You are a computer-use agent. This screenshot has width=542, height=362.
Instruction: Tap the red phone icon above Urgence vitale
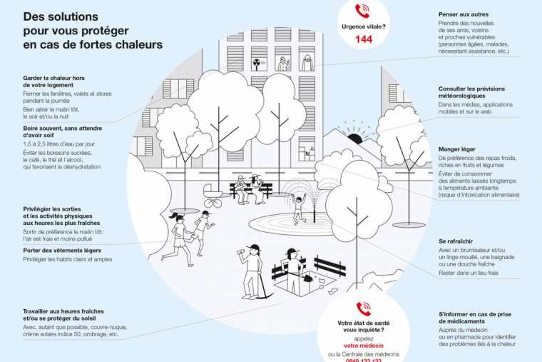pos(364,11)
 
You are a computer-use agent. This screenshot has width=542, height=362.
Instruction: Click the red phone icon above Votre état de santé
pos(364,308)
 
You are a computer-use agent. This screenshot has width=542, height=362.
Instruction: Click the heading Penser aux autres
pos(464,14)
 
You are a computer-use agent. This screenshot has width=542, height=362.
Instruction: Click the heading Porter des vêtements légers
pos(62,251)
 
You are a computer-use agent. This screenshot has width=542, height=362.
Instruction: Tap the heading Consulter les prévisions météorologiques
pos(472,92)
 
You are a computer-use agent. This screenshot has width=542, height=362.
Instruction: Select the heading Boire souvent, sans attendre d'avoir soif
pos(63,133)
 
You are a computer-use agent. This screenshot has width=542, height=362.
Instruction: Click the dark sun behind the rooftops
pos(354,139)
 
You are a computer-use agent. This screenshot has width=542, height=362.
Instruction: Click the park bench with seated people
pos(251,188)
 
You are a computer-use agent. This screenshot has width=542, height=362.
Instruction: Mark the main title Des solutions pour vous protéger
pos(93,30)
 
